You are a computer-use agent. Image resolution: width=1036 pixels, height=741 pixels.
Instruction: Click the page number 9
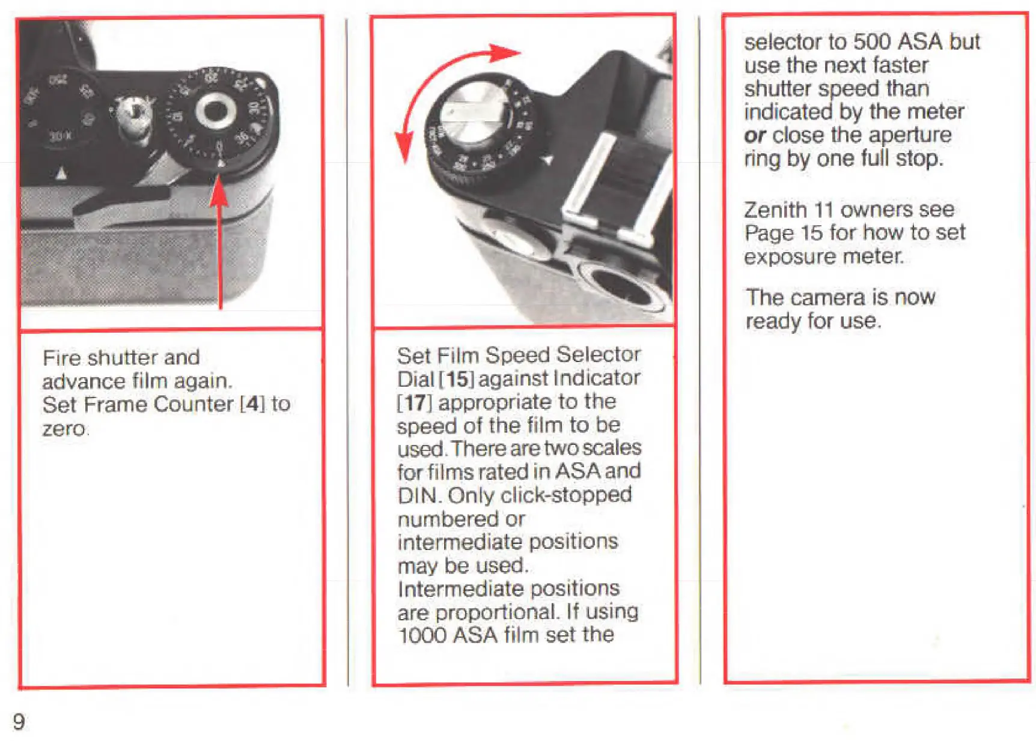pos(19,721)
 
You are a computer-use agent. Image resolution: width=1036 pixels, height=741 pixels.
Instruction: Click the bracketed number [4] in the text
pos(252,404)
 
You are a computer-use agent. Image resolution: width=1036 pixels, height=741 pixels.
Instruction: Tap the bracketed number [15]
pos(457,379)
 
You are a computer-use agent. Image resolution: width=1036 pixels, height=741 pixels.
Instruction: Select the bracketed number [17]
pos(415,402)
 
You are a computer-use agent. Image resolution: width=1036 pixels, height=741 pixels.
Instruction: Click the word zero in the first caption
pos(64,429)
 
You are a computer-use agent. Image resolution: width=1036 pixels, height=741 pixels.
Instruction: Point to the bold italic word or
pos(755,136)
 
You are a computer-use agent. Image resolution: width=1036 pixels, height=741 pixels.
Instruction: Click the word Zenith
pos(775,210)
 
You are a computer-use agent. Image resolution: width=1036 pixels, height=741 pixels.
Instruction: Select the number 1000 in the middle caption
pos(422,635)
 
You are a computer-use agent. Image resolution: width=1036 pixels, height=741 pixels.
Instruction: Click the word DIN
pos(419,496)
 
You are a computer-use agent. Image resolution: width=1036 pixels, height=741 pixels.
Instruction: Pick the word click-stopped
pos(565,495)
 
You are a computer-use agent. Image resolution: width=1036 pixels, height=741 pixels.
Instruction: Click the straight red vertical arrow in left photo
pos(220,240)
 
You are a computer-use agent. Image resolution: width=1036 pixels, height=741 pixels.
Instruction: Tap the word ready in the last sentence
pos(773,322)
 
